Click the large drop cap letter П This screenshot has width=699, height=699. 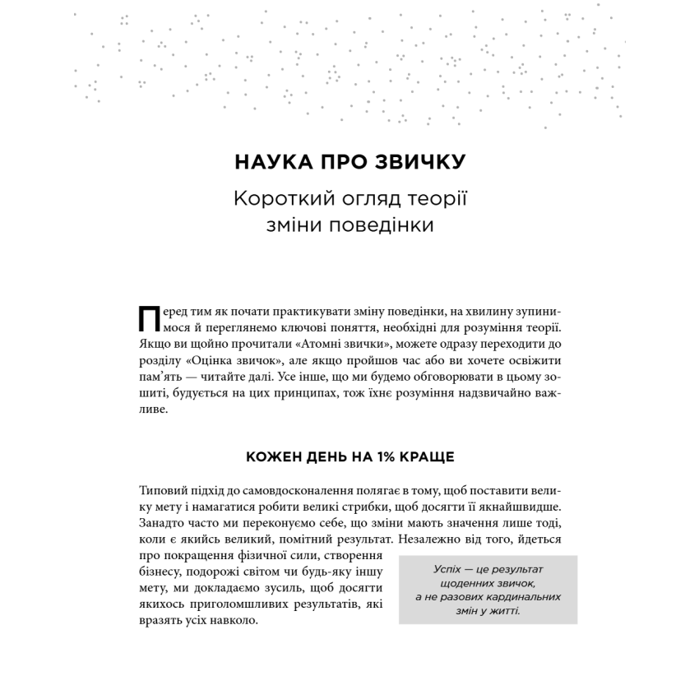coord(150,320)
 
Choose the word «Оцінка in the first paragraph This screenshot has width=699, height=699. coord(209,360)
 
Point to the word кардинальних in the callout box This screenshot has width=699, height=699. coord(524,598)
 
